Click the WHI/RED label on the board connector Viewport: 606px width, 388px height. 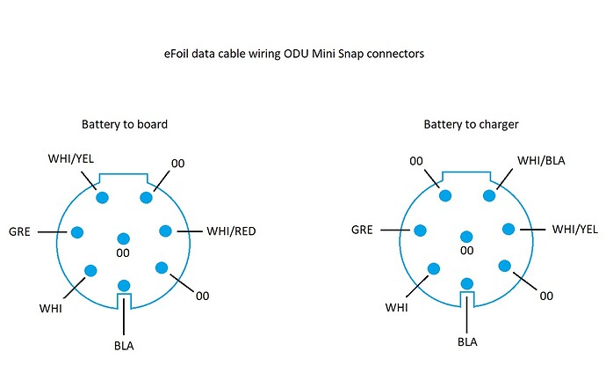(231, 231)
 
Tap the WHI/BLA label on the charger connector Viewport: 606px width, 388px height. (541, 160)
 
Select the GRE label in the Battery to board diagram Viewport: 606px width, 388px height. (19, 231)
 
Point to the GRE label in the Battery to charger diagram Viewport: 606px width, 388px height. (362, 230)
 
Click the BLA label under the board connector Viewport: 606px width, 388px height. (124, 346)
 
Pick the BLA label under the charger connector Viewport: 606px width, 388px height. (467, 342)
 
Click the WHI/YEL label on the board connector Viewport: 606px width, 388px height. (71, 158)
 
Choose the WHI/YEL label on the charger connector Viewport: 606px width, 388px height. (575, 230)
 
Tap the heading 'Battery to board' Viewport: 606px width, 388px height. (125, 124)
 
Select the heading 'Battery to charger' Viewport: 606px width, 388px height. (471, 124)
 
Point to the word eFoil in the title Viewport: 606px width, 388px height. (177, 54)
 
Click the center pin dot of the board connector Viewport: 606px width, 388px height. (123, 238)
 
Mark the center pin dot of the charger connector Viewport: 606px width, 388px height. (466, 237)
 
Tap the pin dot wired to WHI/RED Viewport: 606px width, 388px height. (165, 231)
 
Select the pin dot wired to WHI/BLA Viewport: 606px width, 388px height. (489, 195)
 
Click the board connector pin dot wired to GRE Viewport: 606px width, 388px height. (77, 232)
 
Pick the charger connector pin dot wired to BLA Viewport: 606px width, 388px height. (467, 283)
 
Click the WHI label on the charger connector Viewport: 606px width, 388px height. (396, 307)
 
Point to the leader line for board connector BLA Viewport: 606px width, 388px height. (124, 315)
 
